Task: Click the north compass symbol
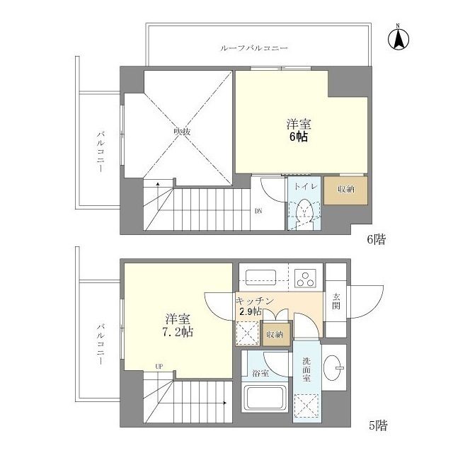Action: point(398,38)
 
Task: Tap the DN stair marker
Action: point(259,211)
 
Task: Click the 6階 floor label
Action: point(376,239)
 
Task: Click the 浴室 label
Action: point(259,374)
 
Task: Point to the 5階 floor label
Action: point(376,426)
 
